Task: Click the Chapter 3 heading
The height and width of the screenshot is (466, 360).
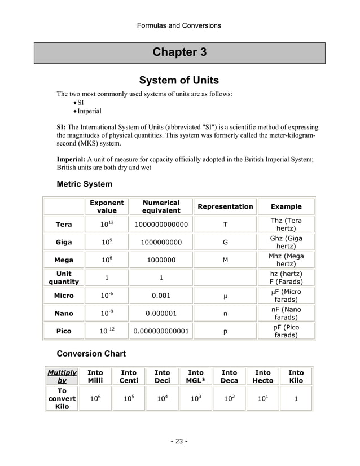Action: [x=179, y=52]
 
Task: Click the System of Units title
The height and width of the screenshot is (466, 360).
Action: [x=179, y=80]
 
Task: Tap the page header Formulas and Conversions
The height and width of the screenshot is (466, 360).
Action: [x=179, y=25]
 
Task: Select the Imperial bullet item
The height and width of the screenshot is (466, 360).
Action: [x=89, y=111]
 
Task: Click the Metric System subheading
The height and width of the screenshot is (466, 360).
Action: [x=85, y=184]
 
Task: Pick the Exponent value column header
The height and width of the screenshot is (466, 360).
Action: [x=107, y=206]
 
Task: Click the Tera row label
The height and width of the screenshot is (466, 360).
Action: [x=64, y=225]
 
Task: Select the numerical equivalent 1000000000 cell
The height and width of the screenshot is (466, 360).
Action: [x=161, y=242]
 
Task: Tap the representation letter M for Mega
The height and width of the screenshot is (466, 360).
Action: [x=225, y=260]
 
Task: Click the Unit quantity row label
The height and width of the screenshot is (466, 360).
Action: [x=64, y=278]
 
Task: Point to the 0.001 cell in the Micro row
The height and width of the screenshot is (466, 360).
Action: [x=161, y=296]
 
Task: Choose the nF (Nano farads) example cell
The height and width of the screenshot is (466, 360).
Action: [x=286, y=313]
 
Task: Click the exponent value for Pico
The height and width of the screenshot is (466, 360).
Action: [x=107, y=331]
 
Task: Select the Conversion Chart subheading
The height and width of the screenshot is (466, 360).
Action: [x=91, y=354]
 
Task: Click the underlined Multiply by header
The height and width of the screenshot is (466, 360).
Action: [x=62, y=376]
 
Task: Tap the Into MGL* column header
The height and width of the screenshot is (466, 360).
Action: [x=196, y=376]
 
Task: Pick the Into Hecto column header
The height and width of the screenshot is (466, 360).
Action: [x=263, y=376]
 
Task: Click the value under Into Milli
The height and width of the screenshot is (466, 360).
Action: [x=95, y=399]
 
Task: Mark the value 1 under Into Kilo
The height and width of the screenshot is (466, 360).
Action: [x=296, y=399]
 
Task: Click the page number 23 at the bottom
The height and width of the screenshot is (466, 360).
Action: [x=179, y=441]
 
